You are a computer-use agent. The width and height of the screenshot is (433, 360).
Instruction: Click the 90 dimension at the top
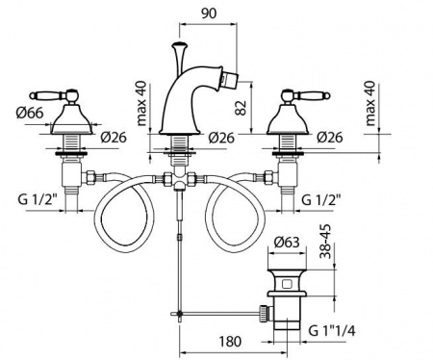209,13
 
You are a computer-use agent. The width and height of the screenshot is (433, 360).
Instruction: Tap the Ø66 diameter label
30,113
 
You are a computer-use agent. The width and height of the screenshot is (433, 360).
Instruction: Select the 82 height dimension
242,108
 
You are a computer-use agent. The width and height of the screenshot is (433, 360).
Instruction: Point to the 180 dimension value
230,342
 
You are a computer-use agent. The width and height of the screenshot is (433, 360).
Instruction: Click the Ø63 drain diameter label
287,242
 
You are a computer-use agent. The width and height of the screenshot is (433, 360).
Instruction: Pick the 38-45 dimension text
326,242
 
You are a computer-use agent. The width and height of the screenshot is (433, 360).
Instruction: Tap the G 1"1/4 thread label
332,330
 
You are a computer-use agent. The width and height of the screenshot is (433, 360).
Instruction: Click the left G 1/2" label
38,200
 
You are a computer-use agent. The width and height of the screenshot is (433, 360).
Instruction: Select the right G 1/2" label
321,200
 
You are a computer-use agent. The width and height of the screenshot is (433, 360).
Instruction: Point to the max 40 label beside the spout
141,103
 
